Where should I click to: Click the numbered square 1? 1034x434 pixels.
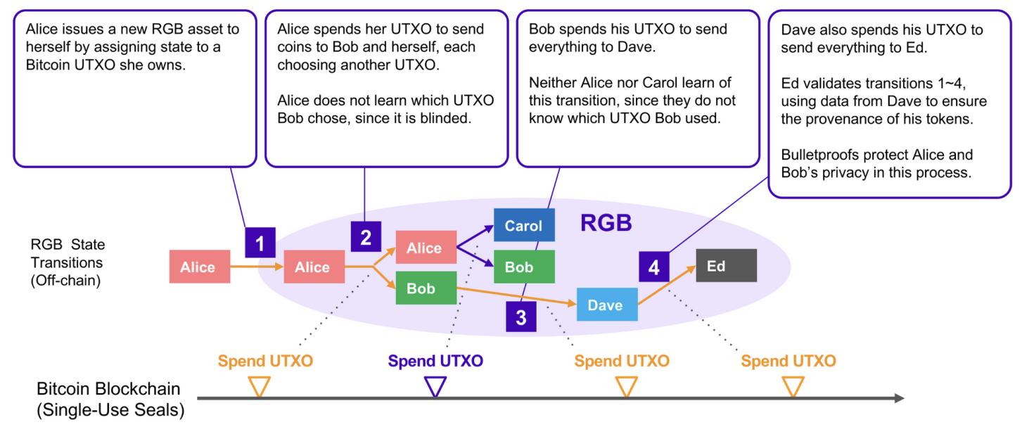click(x=260, y=243)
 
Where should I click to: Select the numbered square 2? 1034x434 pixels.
click(x=366, y=237)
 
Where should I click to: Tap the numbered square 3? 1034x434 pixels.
click(x=521, y=317)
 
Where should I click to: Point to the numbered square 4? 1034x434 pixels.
click(x=654, y=267)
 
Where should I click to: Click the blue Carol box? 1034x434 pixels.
click(x=524, y=225)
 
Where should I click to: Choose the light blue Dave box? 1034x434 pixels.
click(x=606, y=305)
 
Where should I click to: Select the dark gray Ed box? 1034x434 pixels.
click(x=726, y=265)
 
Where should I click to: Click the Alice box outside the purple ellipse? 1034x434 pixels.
click(x=199, y=267)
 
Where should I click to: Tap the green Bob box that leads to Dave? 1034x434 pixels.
click(x=426, y=288)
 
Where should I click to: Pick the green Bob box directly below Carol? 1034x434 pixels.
click(x=524, y=267)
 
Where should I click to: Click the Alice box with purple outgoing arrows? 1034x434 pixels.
click(x=426, y=248)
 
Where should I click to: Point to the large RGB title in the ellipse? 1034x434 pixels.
click(x=606, y=224)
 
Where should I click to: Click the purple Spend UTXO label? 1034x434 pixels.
click(x=435, y=362)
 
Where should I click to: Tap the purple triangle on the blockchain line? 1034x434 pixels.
click(x=435, y=386)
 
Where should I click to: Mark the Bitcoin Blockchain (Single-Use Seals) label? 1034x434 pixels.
click(x=110, y=400)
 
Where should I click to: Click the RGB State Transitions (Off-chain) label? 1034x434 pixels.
click(x=67, y=263)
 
